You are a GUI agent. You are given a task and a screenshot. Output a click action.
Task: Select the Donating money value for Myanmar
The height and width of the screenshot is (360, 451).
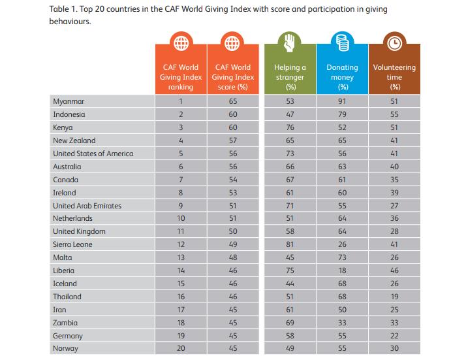342,101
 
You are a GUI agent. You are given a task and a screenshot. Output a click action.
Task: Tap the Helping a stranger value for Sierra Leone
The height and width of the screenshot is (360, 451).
290,244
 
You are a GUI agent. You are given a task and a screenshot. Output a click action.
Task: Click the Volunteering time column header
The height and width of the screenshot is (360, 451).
394,76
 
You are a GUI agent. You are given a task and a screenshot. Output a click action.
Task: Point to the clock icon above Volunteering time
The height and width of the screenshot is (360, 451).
394,43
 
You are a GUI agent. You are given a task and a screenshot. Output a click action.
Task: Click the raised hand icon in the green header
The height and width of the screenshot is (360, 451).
290,43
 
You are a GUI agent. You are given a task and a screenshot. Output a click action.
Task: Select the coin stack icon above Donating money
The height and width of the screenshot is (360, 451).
342,43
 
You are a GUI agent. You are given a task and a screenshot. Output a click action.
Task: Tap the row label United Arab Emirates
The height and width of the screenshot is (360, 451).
87,205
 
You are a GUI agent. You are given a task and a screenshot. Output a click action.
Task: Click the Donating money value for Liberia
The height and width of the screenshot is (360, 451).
342,270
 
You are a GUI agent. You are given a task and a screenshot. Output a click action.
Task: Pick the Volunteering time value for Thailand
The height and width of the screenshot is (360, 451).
394,297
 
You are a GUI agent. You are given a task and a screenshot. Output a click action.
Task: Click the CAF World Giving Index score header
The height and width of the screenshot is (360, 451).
232,76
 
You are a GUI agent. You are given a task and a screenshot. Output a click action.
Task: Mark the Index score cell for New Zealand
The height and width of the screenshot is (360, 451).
232,140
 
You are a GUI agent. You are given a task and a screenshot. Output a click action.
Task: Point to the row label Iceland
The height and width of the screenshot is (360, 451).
65,284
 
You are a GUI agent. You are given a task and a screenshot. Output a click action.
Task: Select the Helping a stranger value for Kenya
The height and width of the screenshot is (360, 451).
290,127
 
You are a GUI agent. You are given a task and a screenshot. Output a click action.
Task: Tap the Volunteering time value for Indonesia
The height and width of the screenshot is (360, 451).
394,114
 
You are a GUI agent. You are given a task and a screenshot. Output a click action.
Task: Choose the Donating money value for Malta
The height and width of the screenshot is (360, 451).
342,257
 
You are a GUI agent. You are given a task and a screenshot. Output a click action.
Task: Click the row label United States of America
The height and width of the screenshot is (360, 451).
93,154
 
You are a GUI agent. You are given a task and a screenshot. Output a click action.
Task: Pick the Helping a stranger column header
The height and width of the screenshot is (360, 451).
290,76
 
